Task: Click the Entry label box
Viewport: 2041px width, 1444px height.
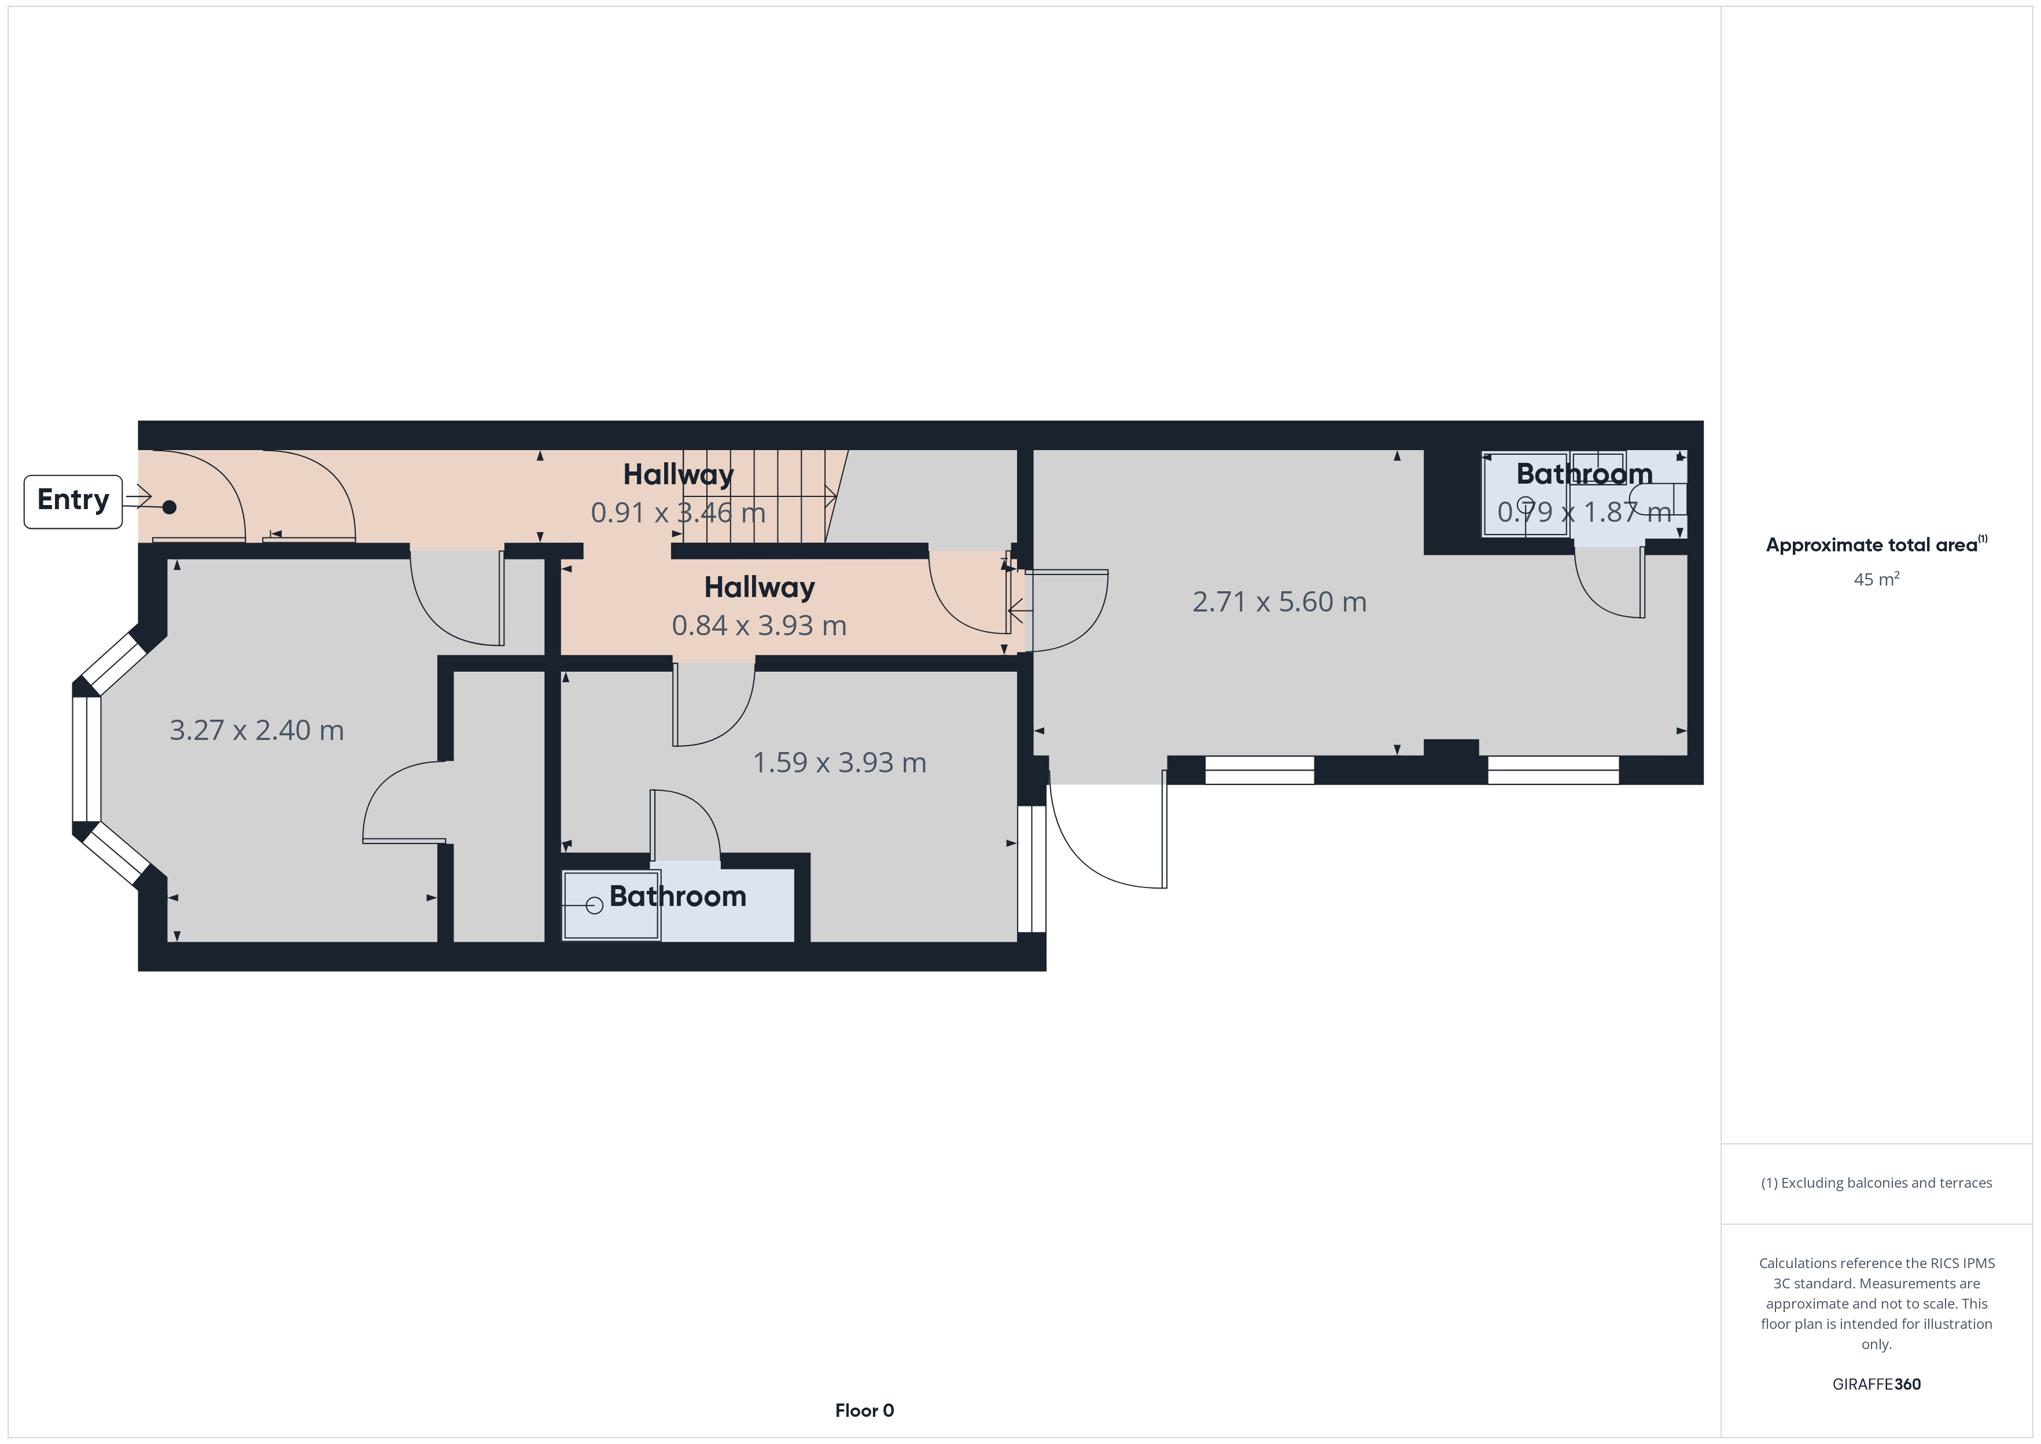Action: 73,502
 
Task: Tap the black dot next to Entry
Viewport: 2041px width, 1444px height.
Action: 169,507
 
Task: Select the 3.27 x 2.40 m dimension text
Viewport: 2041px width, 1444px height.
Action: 256,730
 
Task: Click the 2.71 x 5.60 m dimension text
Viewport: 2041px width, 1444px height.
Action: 1279,602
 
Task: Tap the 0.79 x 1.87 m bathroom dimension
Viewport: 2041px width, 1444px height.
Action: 1583,511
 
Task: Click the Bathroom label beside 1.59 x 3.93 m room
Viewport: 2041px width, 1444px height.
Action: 677,896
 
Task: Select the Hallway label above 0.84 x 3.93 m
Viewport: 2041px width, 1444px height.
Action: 759,588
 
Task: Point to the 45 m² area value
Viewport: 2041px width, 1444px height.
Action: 1877,579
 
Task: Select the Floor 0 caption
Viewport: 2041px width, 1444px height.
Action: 864,1410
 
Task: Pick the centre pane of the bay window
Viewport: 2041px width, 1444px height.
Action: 86,760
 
